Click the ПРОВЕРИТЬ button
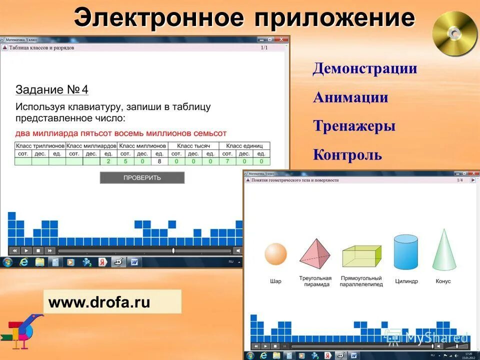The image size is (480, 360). (x=142, y=177)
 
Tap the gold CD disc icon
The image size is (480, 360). (x=455, y=33)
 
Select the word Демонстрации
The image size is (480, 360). (x=365, y=68)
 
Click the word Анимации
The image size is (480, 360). (x=350, y=97)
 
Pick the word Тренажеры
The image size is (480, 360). (x=354, y=126)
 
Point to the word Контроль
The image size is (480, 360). (x=347, y=155)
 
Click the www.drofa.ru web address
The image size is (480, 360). (x=99, y=302)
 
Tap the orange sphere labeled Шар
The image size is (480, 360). (x=275, y=253)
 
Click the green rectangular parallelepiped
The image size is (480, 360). (x=361, y=256)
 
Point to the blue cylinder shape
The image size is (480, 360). (x=405, y=252)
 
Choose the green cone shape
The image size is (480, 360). (x=443, y=250)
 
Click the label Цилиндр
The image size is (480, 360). (x=406, y=281)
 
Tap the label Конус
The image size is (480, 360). (x=443, y=281)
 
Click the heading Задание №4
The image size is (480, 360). (x=52, y=90)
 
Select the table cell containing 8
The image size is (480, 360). (x=159, y=161)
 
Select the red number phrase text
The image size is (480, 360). (x=121, y=133)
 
